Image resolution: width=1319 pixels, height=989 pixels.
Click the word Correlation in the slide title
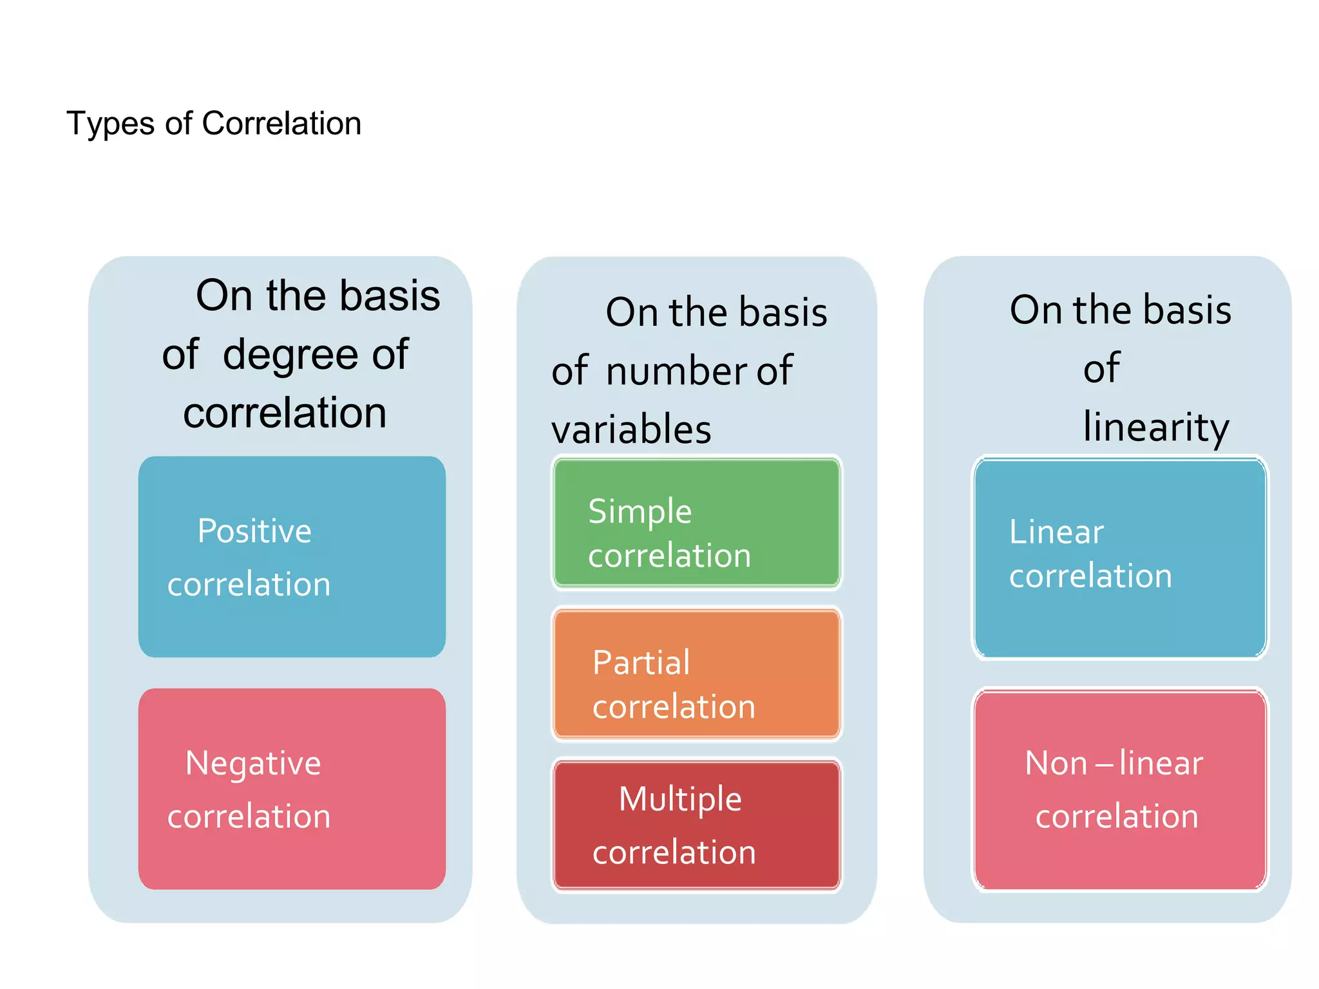pos(281,123)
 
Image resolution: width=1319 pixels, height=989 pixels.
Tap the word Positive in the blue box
pos(254,531)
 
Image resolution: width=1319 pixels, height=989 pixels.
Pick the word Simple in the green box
pos(640,513)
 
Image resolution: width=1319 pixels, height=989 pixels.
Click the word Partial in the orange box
pos(641,663)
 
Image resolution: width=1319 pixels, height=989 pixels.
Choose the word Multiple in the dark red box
pos(680,800)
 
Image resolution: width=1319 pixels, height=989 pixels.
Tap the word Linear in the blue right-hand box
pos(1056,532)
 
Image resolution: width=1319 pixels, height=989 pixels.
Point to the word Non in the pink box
pos(1056,764)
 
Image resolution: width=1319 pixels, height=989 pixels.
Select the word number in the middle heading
pos(676,372)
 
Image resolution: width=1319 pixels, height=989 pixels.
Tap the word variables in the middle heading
pos(631,429)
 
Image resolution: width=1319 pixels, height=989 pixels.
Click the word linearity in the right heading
pos(1156,427)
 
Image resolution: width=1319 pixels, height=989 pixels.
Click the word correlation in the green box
pos(669,556)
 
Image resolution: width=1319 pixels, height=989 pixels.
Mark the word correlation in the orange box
pos(674,707)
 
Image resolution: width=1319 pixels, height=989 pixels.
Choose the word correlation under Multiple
pos(674,853)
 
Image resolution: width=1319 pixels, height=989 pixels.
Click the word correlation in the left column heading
pos(285,413)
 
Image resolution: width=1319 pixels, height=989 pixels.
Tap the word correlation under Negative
pos(249,817)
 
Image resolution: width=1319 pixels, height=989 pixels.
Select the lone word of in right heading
pos(1101,368)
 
